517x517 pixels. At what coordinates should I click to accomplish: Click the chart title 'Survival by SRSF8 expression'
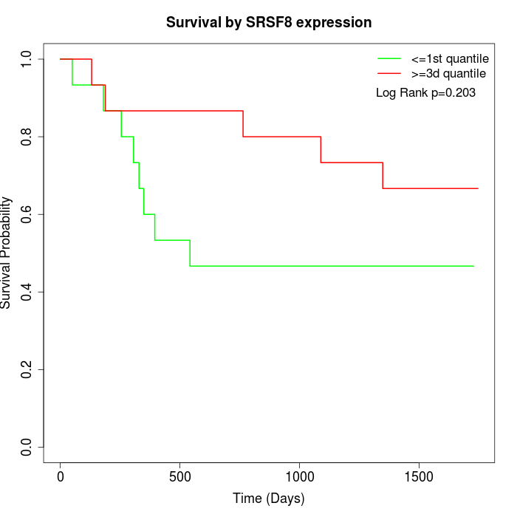pyautogui.click(x=269, y=22)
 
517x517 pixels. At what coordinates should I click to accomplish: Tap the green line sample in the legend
pyautogui.click(x=389, y=59)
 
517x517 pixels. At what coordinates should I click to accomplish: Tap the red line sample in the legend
pyautogui.click(x=389, y=74)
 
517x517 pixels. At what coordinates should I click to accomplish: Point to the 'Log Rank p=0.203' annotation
pyautogui.click(x=425, y=92)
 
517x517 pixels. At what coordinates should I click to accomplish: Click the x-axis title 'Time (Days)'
pyautogui.click(x=268, y=499)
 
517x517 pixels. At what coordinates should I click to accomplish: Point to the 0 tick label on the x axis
pyautogui.click(x=61, y=476)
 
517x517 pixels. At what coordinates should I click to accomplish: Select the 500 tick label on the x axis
pyautogui.click(x=180, y=476)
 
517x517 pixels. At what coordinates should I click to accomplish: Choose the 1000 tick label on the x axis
pyautogui.click(x=300, y=476)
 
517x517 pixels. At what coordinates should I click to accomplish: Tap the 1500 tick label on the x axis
pyautogui.click(x=419, y=476)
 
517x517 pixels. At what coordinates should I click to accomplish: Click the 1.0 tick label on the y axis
pyautogui.click(x=27, y=59)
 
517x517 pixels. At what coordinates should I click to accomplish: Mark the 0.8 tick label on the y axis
pyautogui.click(x=27, y=137)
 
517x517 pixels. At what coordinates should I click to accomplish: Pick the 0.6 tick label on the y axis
pyautogui.click(x=27, y=214)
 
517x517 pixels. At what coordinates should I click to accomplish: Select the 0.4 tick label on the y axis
pyautogui.click(x=27, y=292)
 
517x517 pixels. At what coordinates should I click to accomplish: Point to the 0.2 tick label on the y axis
pyautogui.click(x=27, y=369)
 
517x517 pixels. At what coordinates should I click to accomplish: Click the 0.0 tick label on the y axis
pyautogui.click(x=27, y=447)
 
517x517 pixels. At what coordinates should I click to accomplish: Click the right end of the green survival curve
pyautogui.click(x=473, y=266)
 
